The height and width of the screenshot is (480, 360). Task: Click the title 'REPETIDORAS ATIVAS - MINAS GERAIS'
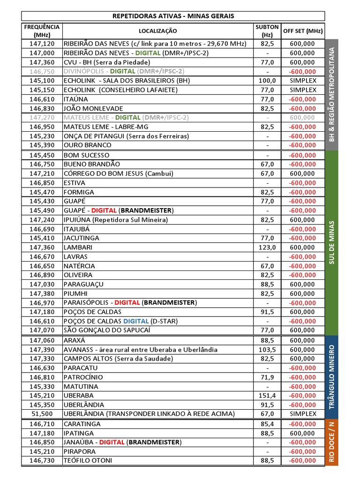pos(173,16)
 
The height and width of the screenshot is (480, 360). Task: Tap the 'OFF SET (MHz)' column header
pos(303,31)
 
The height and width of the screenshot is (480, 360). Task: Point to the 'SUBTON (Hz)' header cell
pos(267,31)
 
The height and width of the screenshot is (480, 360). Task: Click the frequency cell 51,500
pos(42,414)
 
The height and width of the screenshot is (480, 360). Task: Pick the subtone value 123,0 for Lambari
pos(267,247)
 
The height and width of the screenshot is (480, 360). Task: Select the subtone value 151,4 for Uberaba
pos(267,396)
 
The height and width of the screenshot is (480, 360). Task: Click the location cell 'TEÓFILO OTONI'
pos(88,460)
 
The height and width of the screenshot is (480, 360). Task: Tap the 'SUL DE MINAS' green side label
pos(331,242)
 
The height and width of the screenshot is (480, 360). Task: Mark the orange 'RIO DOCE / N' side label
pos(331,442)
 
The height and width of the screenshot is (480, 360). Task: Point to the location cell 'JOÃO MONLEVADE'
pos(93,108)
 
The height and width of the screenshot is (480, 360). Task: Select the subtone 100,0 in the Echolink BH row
pos(267,81)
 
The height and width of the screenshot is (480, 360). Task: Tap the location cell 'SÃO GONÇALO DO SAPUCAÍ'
pos(109,330)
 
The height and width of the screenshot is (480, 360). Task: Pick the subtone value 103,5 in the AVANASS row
pos(267,349)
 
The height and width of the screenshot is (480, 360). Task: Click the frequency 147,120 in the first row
pos(42,44)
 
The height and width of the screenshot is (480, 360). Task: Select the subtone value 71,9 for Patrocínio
pos(267,377)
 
